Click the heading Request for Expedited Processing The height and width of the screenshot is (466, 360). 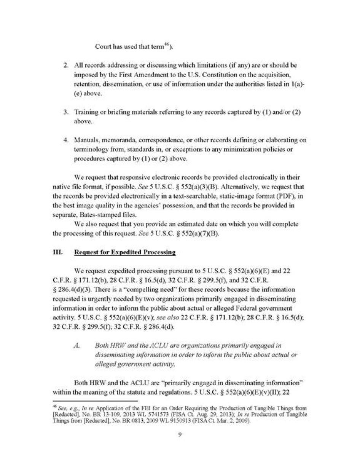(x=125, y=252)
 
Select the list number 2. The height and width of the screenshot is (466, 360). (x=66, y=65)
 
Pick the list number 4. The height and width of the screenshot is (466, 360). (x=66, y=140)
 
